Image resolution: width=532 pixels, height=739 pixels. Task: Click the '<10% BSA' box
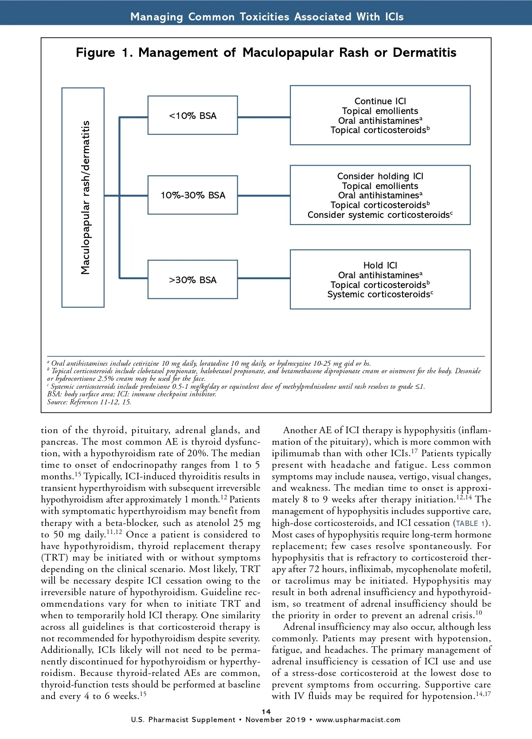coord(192,116)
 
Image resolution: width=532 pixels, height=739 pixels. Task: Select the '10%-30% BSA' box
coord(192,195)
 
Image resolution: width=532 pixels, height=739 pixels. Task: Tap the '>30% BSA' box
coord(192,280)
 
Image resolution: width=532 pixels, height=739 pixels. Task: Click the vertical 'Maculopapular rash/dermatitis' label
coord(85,198)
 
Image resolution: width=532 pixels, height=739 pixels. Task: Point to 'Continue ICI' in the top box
coord(380,101)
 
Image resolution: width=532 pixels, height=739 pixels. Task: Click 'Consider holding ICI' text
coord(380,176)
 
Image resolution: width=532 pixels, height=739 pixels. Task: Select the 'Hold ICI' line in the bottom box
coord(380,265)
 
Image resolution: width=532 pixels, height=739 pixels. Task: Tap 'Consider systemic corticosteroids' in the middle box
coord(379,215)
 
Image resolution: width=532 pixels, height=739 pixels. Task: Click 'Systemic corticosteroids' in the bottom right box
coord(379,294)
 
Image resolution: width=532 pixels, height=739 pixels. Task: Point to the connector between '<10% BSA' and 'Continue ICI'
coord(264,117)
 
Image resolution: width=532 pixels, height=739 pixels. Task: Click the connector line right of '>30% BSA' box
coord(264,278)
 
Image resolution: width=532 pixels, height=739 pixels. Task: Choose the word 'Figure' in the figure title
coord(95,53)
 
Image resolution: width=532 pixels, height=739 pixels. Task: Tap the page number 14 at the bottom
coord(266,711)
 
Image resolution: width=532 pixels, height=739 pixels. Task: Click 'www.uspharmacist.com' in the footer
coord(358,720)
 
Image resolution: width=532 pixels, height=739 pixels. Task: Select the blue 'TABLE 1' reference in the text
coord(471,523)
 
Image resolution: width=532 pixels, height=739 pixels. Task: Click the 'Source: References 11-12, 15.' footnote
coord(89,402)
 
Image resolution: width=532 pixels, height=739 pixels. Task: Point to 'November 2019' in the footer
coord(275,720)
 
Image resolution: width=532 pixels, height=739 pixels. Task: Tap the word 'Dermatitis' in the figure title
coord(424,53)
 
